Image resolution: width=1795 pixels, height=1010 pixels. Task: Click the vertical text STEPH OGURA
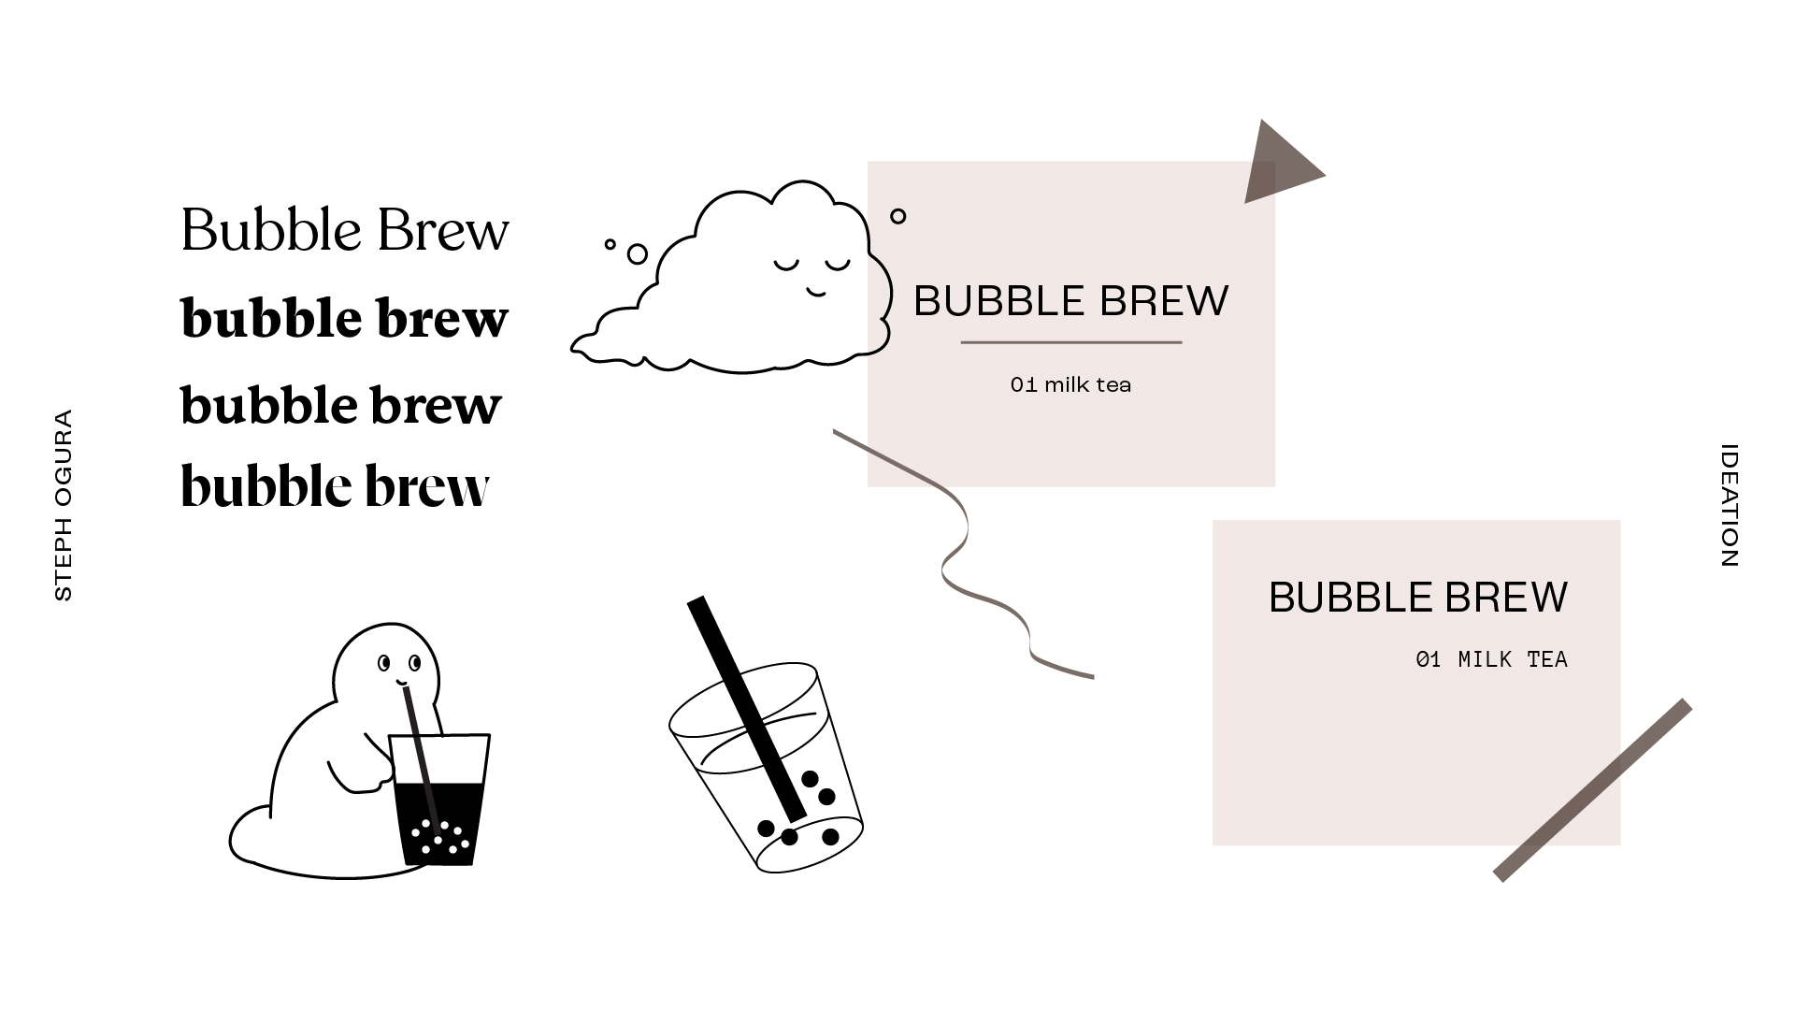click(64, 505)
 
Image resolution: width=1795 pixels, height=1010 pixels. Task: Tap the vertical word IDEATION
click(1729, 505)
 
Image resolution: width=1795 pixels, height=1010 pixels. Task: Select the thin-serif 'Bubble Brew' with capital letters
click(344, 230)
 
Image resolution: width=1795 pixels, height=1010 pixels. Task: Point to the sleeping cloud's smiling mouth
click(817, 293)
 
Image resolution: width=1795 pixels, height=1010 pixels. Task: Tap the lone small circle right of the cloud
click(897, 216)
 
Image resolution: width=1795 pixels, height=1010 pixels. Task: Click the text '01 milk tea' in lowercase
click(1070, 384)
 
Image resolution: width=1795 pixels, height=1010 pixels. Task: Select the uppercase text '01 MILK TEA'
click(1491, 659)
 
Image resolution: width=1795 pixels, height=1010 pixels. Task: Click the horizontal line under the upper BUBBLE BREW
click(1070, 342)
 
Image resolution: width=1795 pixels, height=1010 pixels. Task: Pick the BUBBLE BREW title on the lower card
click(1417, 598)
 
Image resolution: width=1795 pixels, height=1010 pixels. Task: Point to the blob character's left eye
click(383, 663)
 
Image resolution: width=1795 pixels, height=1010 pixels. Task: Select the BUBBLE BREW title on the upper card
click(1070, 301)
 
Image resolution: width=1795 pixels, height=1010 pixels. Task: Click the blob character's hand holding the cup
click(374, 776)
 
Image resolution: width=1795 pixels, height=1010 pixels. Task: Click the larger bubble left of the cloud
click(637, 253)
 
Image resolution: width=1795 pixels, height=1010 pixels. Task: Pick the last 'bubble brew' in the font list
click(335, 486)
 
